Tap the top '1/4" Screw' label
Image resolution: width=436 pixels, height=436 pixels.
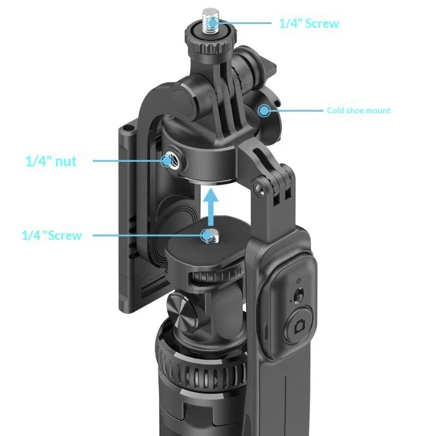[309, 23]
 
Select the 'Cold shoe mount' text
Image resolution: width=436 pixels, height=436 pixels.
[358, 111]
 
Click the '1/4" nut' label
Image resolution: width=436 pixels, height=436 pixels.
[51, 161]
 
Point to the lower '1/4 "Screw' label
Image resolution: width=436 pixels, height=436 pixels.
[52, 235]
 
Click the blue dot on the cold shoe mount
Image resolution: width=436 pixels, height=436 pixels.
[264, 111]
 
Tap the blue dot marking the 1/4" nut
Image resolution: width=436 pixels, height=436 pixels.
[167, 160]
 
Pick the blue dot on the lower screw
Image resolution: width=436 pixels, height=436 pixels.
[207, 235]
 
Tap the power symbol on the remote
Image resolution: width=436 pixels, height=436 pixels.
[298, 281]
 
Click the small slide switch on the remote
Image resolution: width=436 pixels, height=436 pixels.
[298, 296]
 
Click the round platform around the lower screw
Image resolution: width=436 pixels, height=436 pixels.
[207, 248]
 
